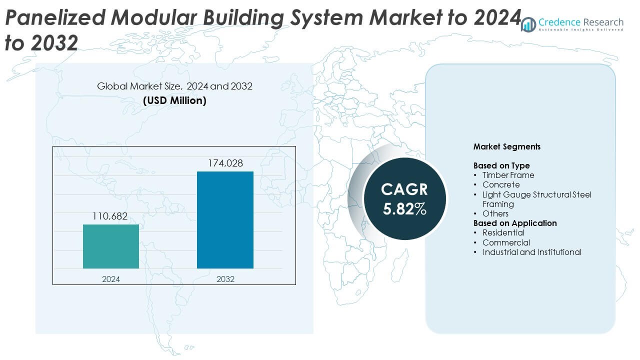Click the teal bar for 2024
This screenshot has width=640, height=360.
[x=111, y=246]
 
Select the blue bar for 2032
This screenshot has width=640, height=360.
[x=225, y=220]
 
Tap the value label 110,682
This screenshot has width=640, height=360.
[x=110, y=216]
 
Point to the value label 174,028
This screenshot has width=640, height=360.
[x=225, y=163]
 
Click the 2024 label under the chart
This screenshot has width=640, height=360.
[x=111, y=279]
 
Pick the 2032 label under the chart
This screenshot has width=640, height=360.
[x=225, y=279]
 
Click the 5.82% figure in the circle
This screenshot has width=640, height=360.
[x=404, y=209]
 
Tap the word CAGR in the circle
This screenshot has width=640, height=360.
[x=404, y=189]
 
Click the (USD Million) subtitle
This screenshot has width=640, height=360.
[x=174, y=100]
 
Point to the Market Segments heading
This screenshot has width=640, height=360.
[x=506, y=147]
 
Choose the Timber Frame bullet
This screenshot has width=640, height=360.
[x=508, y=175]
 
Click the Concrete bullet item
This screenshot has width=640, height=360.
[x=501, y=184]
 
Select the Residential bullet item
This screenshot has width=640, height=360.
[x=503, y=232]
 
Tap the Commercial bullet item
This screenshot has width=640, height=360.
[x=506, y=242]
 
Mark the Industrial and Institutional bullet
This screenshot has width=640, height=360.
[x=531, y=252]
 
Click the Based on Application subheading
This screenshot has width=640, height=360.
[x=515, y=223]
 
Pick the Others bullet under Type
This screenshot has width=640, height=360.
[x=495, y=213]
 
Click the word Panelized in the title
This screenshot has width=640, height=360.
[x=55, y=18]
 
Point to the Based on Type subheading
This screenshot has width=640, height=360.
[x=501, y=165]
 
